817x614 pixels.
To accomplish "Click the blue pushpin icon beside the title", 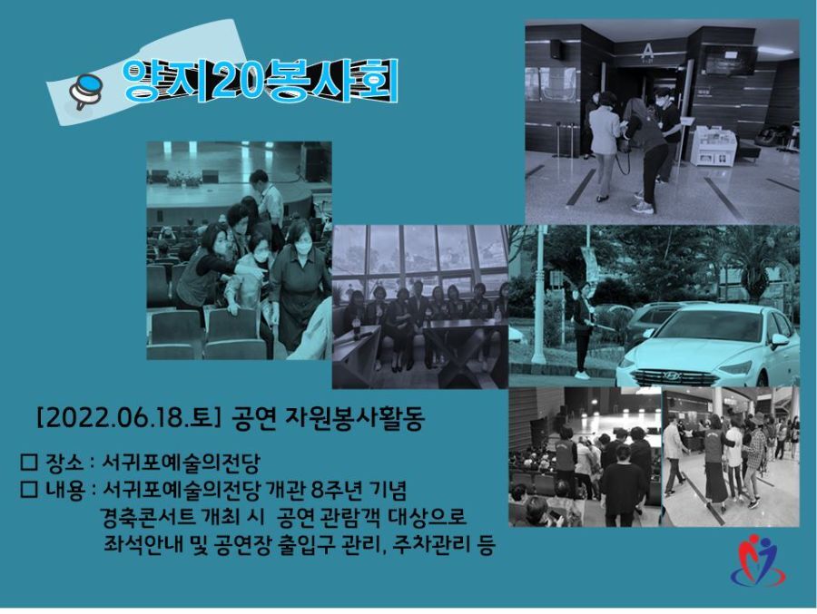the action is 85,90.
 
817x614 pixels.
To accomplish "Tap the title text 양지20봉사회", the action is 260,81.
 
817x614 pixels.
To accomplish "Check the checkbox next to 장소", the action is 29,462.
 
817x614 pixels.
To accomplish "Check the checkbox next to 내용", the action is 29,489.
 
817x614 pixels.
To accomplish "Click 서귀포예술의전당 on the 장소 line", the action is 181,462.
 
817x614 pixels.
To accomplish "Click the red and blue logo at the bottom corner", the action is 758,560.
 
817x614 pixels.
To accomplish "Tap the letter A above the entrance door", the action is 647,51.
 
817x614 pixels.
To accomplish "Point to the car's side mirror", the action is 780,341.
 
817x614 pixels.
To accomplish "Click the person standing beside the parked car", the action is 583,330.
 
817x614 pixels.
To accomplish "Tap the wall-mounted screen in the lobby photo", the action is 730,60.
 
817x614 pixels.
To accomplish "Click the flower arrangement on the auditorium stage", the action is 184,179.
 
